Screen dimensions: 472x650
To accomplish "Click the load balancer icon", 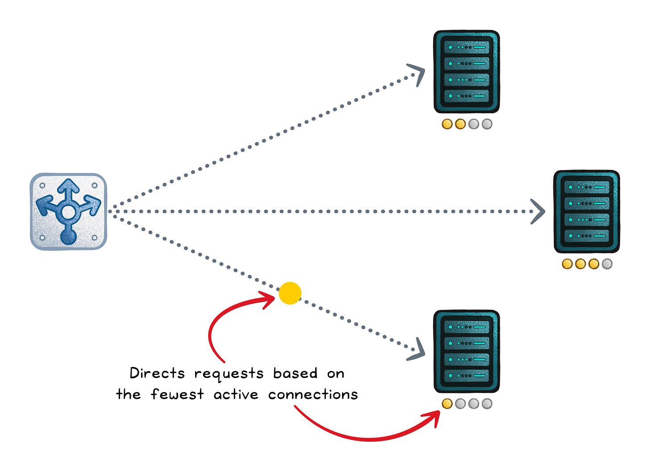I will coord(68,211).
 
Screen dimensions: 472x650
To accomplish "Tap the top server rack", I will coord(466,72).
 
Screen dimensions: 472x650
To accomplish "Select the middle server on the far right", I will coord(586,211).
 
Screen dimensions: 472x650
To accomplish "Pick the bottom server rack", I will coord(466,351).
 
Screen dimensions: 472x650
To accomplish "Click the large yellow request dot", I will coord(290,294).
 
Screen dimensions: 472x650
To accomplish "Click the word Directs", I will coord(157,373).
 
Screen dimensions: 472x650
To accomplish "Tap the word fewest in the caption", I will coord(177,394).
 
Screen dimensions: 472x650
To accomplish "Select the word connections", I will coord(313,394).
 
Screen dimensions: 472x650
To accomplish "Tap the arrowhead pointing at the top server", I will coord(417,74).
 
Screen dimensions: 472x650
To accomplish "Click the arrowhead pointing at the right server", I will coord(538,211).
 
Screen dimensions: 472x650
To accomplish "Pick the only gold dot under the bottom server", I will coord(447,404).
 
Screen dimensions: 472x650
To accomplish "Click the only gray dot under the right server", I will coord(607,264).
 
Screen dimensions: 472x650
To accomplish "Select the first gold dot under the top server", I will coord(447,124).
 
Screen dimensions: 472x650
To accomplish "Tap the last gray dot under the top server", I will coord(487,124).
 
